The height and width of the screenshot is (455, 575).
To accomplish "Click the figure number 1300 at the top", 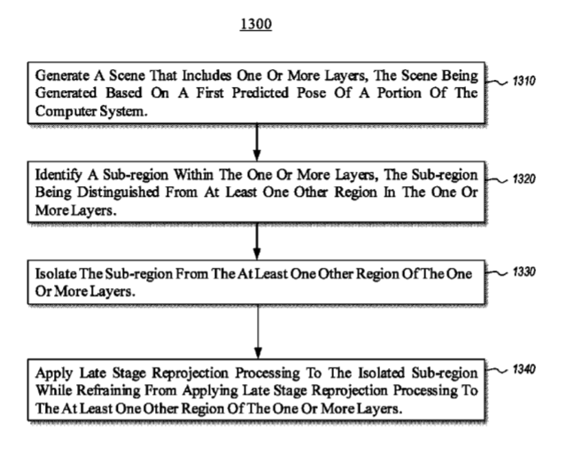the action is pos(256,24).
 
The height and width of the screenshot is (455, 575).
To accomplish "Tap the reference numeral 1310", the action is pos(524,81).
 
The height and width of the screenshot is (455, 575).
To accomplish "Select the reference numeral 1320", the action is pos(524,179).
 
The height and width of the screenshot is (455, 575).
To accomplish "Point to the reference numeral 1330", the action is pos(524,271).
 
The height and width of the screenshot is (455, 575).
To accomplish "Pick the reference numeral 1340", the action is pos(524,369).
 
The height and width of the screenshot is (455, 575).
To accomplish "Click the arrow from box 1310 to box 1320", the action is pos(257,142).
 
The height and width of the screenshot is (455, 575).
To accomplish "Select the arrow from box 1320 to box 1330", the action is pos(257,241).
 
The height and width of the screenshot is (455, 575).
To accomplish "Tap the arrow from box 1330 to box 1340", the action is pos(258,332).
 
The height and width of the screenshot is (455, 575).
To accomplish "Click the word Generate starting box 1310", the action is pos(62,75).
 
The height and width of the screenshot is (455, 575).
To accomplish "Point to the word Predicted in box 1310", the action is pos(260,93).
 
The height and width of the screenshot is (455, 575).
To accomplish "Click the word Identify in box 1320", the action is pos(58,175).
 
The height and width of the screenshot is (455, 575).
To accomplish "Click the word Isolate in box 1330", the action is pos(56,274).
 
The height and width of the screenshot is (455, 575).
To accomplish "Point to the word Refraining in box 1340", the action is pos(108,391).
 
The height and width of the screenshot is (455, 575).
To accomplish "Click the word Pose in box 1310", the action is pos(311,93).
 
